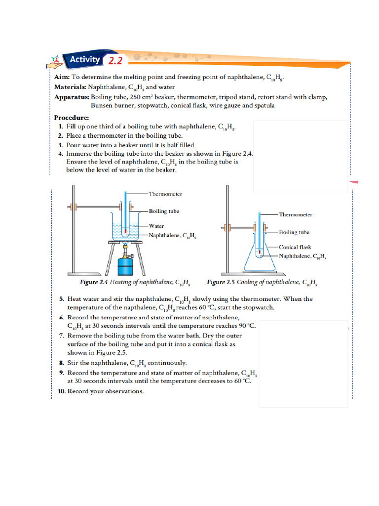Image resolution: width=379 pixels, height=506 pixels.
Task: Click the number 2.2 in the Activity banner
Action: tap(115, 61)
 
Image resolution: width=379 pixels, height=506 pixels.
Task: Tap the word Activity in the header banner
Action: tap(85, 60)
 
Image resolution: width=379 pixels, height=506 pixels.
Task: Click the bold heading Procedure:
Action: tap(72, 118)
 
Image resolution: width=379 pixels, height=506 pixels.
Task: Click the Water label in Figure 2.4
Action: tap(156, 226)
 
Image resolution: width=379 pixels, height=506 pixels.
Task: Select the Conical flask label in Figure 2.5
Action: tap(295, 247)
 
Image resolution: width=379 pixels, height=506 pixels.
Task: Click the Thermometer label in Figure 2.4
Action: tap(165, 194)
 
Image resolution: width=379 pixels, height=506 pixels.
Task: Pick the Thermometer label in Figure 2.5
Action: tap(296, 214)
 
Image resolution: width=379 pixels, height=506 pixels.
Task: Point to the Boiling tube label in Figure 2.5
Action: tap(294, 232)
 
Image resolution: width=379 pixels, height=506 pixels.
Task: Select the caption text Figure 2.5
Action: tap(223, 283)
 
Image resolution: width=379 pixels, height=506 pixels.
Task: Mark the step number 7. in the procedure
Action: tap(61, 336)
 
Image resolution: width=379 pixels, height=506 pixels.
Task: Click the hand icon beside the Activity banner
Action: tap(56, 61)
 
